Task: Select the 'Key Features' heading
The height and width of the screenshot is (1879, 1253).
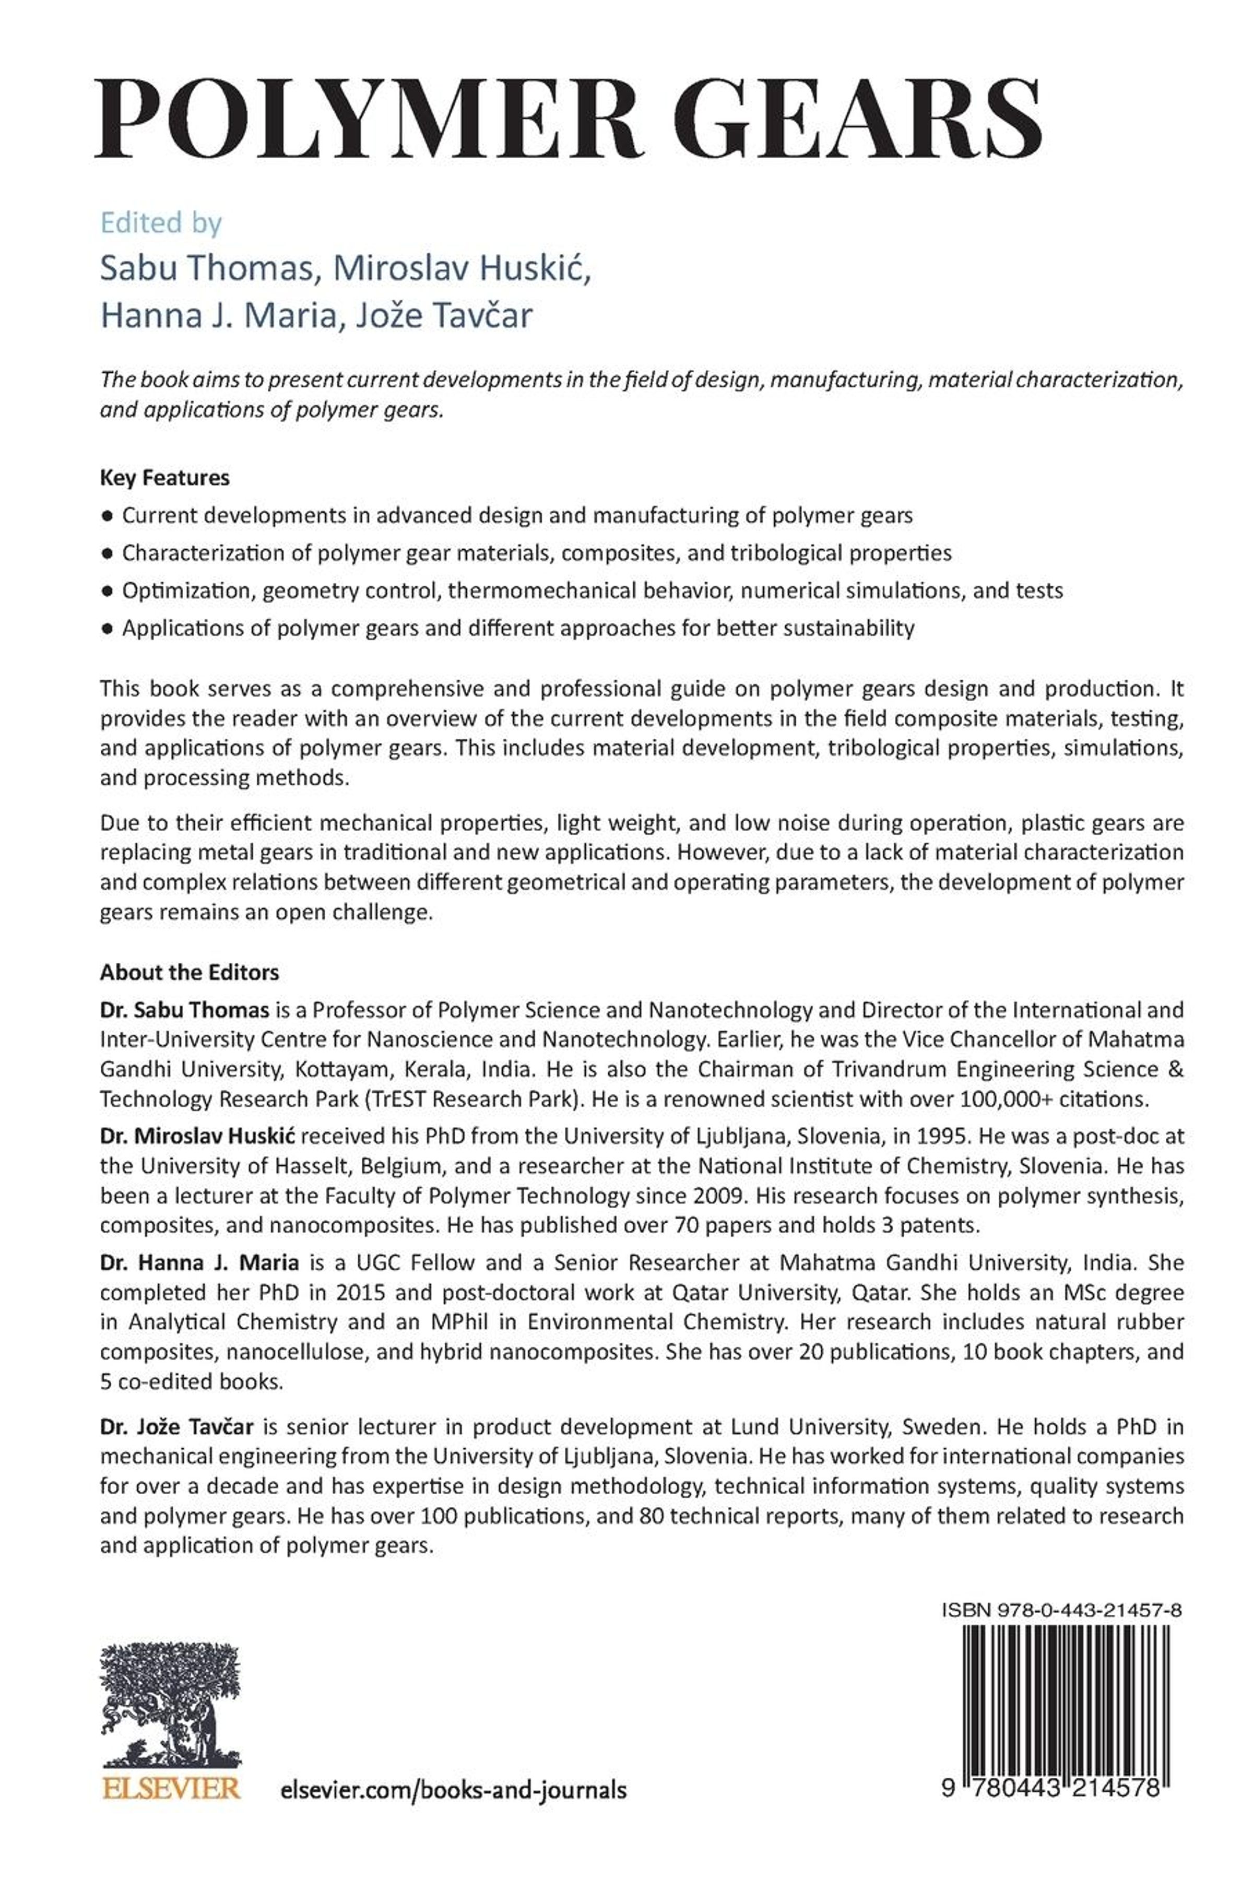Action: [164, 478]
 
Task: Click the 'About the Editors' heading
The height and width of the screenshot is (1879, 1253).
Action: [190, 972]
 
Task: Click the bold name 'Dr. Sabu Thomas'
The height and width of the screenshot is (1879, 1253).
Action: [185, 1010]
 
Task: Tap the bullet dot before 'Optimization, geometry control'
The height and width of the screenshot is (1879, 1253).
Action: [107, 591]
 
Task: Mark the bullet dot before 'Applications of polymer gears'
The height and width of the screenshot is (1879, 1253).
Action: [107, 629]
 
